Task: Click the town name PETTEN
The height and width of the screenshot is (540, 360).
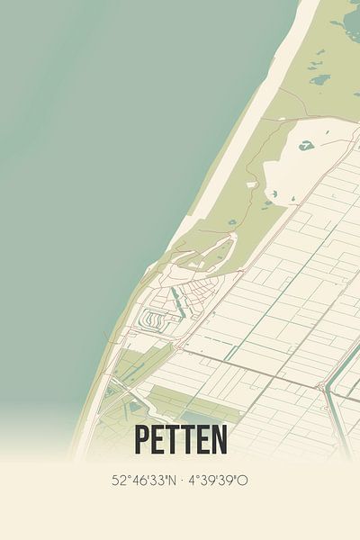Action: [x=181, y=440]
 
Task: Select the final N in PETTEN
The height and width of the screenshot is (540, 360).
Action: [x=219, y=440]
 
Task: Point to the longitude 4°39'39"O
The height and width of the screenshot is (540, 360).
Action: [x=217, y=481]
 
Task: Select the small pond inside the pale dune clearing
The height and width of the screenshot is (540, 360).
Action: [x=306, y=144]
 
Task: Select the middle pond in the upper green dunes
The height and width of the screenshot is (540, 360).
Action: [x=319, y=79]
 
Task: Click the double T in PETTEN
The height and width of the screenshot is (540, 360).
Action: [x=181, y=440]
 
